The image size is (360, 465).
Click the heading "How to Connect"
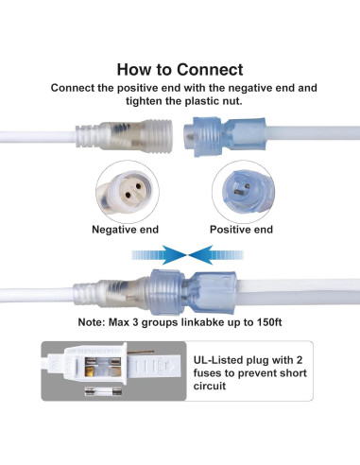click(x=180, y=70)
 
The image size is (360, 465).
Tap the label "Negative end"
click(x=125, y=230)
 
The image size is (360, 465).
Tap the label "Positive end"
click(x=241, y=230)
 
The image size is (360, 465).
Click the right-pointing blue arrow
click(x=159, y=255)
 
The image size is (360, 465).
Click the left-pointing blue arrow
click(x=216, y=255)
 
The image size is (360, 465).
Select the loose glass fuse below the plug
click(x=103, y=391)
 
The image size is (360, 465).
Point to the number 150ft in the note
click(x=269, y=322)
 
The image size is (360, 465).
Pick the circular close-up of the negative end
click(x=128, y=192)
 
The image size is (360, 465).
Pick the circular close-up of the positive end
click(x=244, y=192)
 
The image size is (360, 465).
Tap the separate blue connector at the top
click(x=225, y=136)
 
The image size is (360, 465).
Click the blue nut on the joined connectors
click(x=166, y=292)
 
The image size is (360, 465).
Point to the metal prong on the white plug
click(x=141, y=353)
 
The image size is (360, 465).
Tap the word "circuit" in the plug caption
click(x=210, y=386)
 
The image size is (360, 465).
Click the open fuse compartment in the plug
click(x=103, y=367)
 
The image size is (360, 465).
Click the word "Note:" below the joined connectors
click(x=92, y=322)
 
